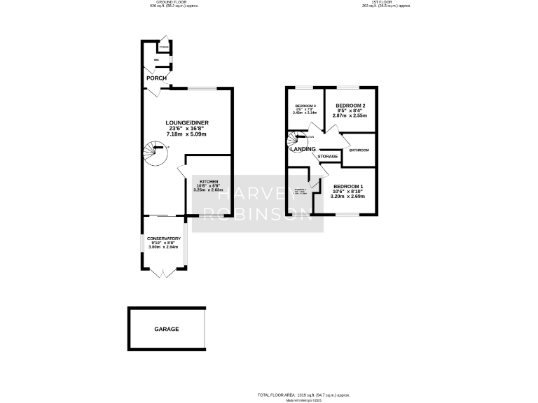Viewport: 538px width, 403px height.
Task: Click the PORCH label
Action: tap(156, 78)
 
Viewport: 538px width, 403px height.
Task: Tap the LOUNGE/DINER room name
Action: tap(187, 123)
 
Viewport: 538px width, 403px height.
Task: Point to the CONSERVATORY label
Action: tap(164, 239)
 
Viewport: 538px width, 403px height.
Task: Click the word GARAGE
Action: tap(167, 329)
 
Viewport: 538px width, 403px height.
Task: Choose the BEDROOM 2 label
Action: tap(350, 106)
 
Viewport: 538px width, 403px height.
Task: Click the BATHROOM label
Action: tap(359, 150)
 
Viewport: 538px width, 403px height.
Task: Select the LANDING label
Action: tap(303, 149)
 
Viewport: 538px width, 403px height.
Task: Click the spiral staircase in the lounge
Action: tap(155, 153)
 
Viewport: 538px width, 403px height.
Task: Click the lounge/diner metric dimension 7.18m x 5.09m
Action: tap(187, 134)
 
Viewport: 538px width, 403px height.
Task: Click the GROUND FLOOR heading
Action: tap(163, 3)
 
